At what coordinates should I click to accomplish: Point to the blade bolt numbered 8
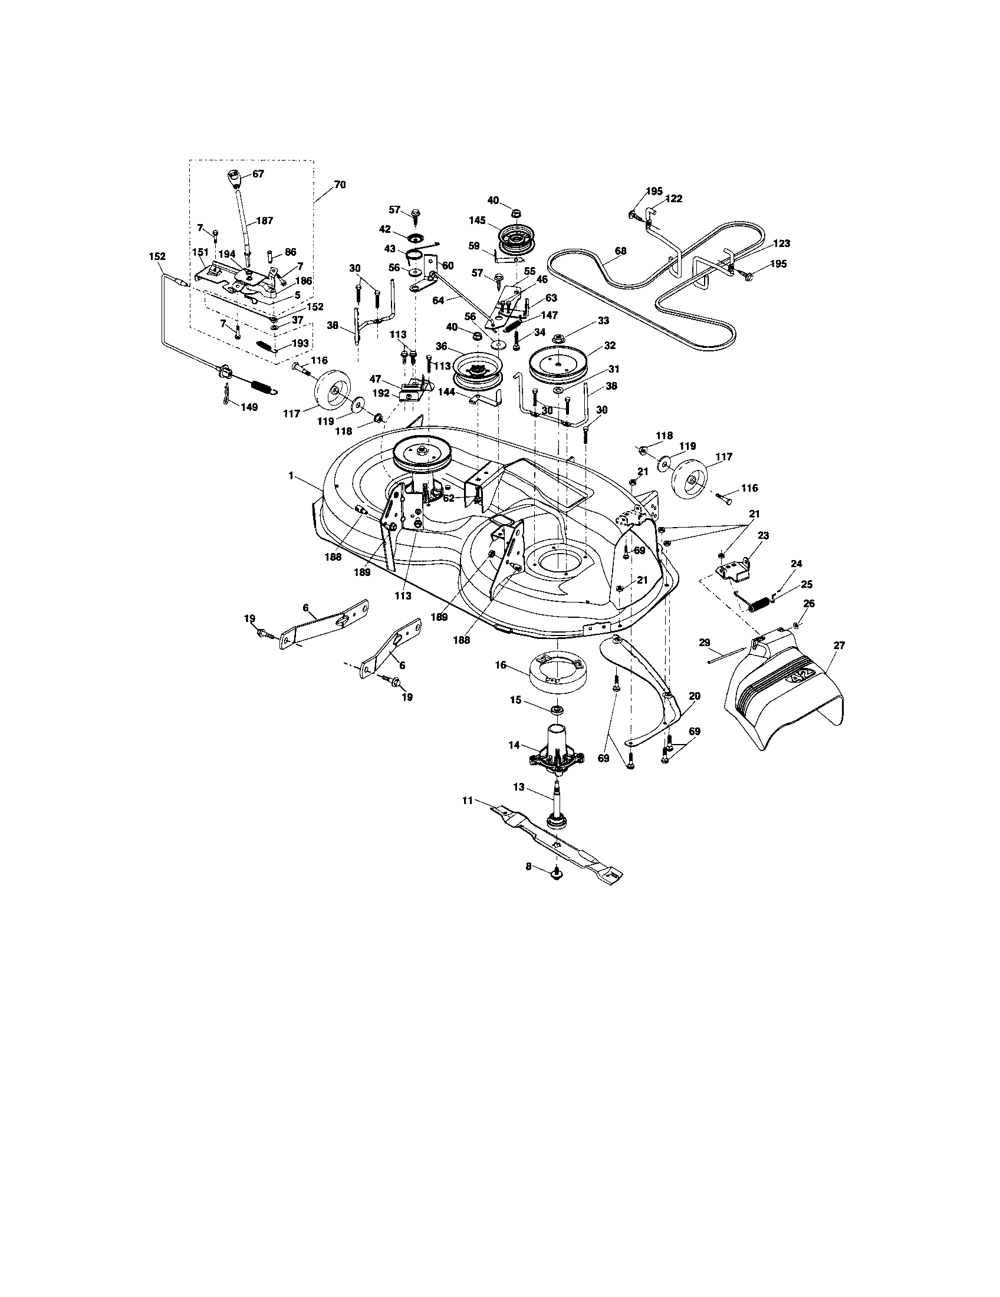click(557, 888)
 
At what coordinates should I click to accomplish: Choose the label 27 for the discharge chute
click(839, 645)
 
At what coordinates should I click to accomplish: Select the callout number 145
click(477, 220)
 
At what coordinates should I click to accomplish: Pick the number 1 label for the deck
click(291, 475)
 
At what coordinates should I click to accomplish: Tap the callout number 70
click(339, 184)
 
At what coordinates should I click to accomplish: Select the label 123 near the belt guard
click(781, 243)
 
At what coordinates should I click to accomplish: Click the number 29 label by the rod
click(704, 643)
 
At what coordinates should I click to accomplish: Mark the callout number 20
click(694, 696)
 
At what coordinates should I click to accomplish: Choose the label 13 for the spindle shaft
click(519, 787)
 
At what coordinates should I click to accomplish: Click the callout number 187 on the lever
click(264, 220)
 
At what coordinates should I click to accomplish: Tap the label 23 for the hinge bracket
click(763, 535)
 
